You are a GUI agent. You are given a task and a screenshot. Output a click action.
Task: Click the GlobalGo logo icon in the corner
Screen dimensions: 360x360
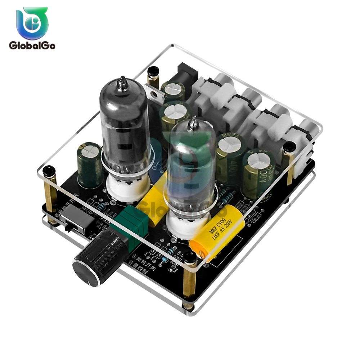(x=32, y=23)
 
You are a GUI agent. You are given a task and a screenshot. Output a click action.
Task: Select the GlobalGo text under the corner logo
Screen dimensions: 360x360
(x=32, y=46)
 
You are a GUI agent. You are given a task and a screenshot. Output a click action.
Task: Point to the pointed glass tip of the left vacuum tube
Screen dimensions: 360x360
(x=123, y=82)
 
